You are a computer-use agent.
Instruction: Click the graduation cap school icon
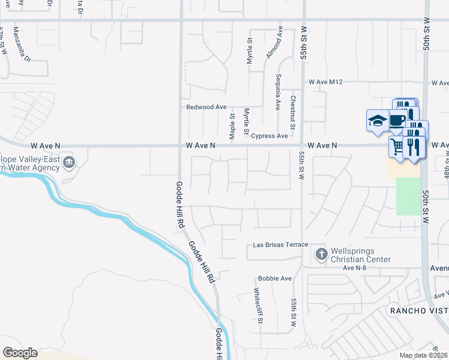click(x=376, y=120)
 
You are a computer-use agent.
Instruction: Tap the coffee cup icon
click(x=397, y=119)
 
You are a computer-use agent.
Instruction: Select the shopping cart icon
click(x=397, y=146)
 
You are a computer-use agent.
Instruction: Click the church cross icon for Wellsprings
click(x=321, y=254)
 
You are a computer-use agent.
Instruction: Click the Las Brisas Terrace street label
click(x=280, y=245)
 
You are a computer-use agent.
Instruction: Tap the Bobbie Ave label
click(x=274, y=278)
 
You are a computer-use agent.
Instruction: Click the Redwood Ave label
click(x=206, y=107)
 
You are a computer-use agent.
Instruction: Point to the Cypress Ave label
click(x=269, y=136)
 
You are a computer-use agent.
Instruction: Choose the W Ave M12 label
click(x=325, y=82)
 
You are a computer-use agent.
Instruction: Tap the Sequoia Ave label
click(x=278, y=91)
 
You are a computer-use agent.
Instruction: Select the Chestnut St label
click(x=293, y=112)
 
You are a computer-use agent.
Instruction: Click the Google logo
click(x=20, y=353)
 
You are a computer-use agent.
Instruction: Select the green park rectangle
click(x=408, y=196)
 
